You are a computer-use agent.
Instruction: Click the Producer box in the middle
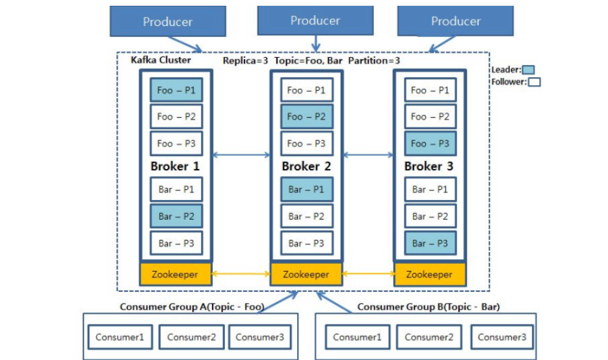[315, 21]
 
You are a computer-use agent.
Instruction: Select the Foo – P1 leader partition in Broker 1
[176, 90]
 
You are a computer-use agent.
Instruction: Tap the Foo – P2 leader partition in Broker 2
[307, 116]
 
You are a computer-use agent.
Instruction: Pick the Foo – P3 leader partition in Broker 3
[430, 144]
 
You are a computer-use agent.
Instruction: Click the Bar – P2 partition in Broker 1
[176, 216]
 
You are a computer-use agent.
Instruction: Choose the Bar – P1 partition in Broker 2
[307, 189]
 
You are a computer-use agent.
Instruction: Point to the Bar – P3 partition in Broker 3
[430, 243]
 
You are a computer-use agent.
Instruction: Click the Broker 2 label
[306, 166]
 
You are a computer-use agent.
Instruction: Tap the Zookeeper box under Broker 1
[176, 274]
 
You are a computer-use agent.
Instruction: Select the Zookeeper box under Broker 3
[430, 274]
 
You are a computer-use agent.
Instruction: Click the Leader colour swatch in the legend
[528, 70]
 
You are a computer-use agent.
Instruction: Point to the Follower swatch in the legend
[534, 82]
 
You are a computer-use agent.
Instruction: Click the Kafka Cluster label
[161, 60]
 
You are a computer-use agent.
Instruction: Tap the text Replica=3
[245, 61]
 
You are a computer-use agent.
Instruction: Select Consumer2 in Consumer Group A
[191, 337]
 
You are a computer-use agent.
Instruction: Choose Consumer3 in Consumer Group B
[502, 337]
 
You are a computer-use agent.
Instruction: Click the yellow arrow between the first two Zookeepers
[241, 274]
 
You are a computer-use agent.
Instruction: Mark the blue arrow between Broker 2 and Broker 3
[368, 155]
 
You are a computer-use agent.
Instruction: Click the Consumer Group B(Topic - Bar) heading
[429, 307]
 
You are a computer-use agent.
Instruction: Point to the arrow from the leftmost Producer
[185, 44]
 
